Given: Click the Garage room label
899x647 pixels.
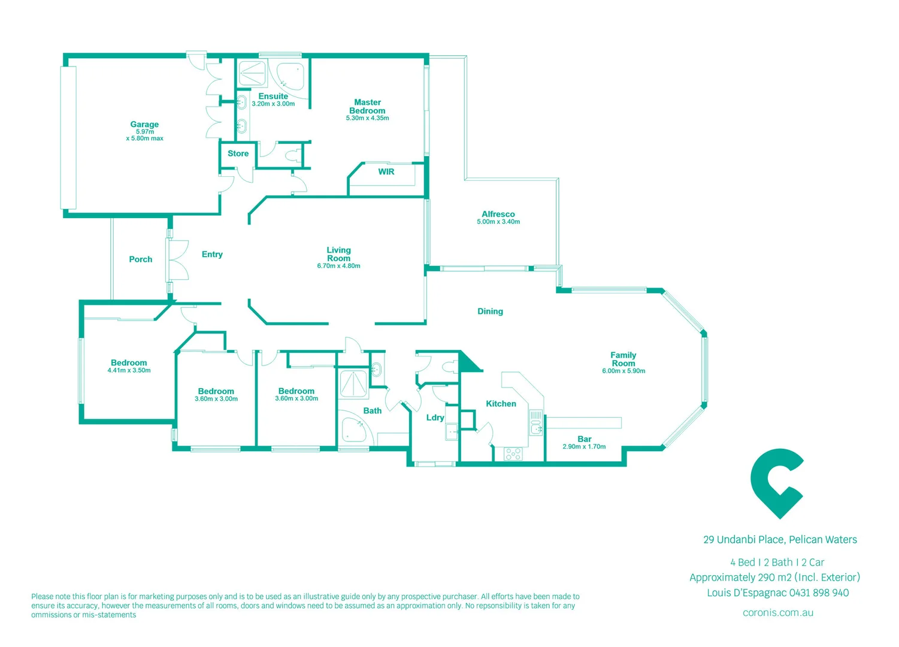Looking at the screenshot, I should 144,125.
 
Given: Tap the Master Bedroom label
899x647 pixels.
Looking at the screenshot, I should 367,107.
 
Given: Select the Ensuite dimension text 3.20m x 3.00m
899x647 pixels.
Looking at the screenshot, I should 273,104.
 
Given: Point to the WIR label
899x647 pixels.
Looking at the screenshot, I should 386,172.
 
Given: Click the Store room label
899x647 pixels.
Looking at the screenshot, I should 238,154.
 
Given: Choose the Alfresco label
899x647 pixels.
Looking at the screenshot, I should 498,214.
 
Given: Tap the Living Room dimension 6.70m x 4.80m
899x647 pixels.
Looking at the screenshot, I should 338,266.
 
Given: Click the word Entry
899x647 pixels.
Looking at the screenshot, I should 212,255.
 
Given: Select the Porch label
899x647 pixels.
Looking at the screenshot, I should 141,259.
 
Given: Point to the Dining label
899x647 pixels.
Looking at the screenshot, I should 490,312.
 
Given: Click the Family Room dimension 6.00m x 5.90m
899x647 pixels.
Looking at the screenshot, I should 623,371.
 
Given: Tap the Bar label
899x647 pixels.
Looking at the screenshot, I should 585,439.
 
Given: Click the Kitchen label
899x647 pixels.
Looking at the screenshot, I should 501,404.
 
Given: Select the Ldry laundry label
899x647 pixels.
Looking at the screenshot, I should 435,418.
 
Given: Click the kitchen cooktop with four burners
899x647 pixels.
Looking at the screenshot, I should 513,454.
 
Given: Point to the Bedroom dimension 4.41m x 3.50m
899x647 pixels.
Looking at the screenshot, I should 129,371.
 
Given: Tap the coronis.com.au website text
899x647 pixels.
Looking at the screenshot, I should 777,613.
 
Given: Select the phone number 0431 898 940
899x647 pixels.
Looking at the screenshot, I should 819,593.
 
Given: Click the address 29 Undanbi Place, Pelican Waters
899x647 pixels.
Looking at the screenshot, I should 780,540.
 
